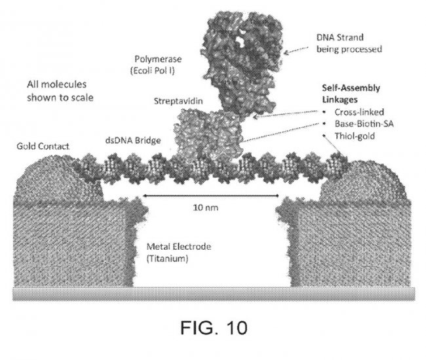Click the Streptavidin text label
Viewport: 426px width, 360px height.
[x=175, y=102]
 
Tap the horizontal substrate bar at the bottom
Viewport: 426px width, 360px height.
[x=212, y=293]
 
